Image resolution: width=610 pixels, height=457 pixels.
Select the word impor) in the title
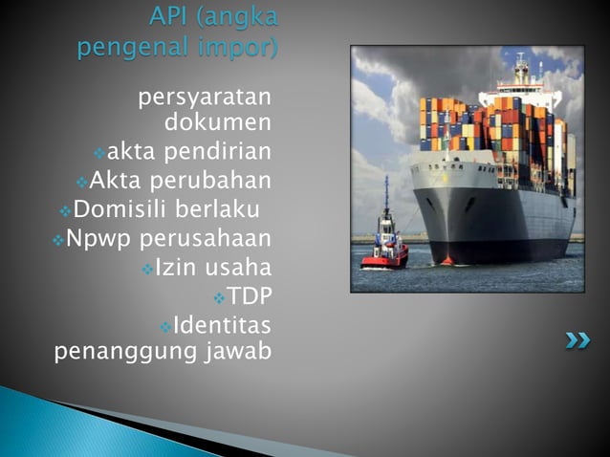240,46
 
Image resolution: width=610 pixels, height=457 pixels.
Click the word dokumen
218,123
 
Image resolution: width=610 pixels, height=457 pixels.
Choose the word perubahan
222,181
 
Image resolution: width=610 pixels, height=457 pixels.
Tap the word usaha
240,266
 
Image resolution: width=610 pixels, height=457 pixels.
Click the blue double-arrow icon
577,339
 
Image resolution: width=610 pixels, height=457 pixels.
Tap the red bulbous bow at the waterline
447,259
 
